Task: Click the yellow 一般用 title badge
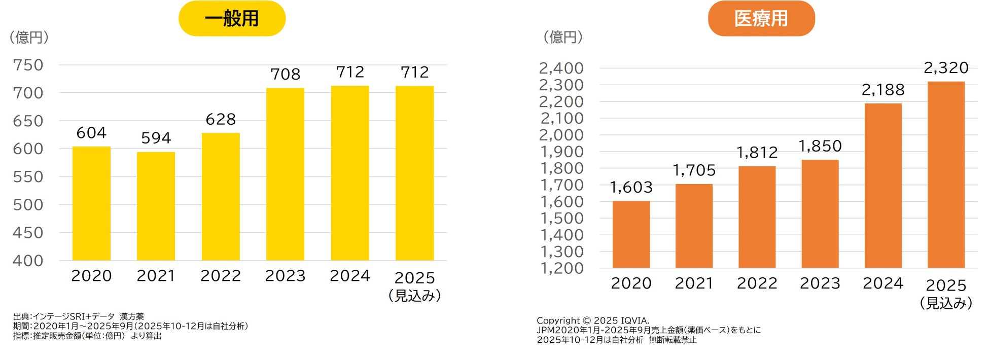click(x=232, y=18)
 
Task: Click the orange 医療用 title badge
click(x=761, y=18)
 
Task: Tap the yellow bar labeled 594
click(x=156, y=206)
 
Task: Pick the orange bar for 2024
click(x=883, y=186)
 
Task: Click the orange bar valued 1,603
click(x=631, y=234)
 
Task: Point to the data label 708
click(x=285, y=75)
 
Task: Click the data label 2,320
click(x=946, y=67)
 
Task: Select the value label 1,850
click(x=820, y=146)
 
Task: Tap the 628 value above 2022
click(x=221, y=119)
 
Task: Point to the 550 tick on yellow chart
click(x=28, y=177)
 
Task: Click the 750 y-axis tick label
click(x=28, y=65)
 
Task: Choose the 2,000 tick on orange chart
click(x=561, y=135)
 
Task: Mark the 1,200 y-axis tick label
click(x=561, y=268)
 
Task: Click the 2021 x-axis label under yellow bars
click(x=156, y=276)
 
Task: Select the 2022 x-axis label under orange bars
click(x=757, y=283)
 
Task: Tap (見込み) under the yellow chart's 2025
click(x=414, y=296)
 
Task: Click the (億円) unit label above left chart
click(x=29, y=37)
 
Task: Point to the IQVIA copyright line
click(x=592, y=320)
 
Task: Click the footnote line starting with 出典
click(x=79, y=316)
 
